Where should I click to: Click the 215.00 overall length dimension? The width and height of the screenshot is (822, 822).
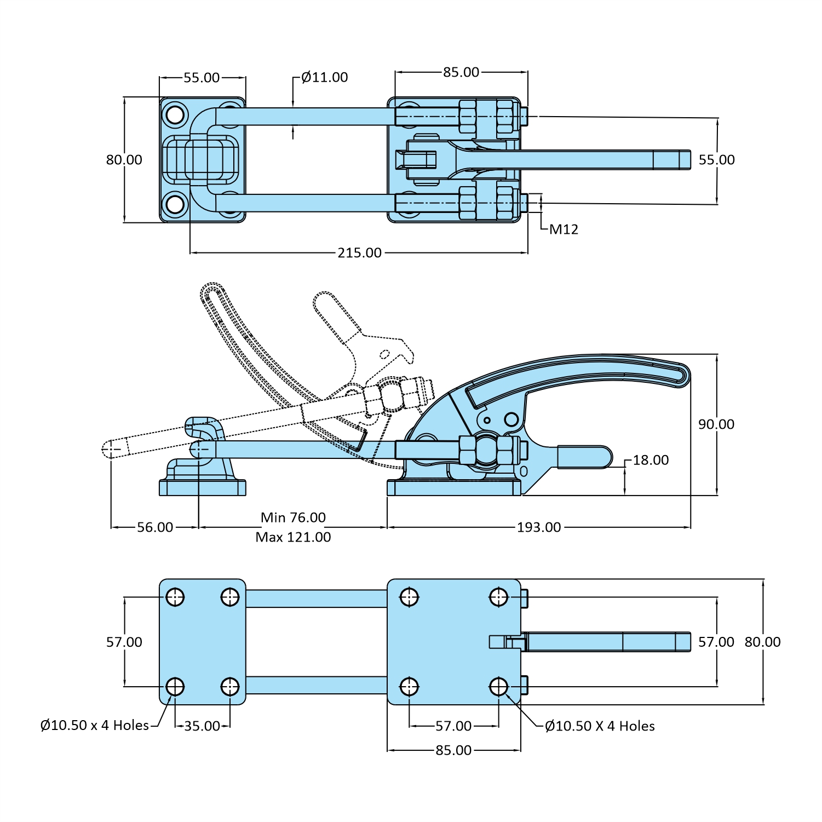tap(359, 252)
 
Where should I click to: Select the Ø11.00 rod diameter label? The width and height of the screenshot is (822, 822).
tap(324, 77)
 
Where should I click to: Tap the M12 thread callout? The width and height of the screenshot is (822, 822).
tap(564, 229)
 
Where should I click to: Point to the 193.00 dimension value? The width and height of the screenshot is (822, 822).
tap(539, 527)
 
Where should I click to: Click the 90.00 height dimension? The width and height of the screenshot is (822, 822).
tap(716, 424)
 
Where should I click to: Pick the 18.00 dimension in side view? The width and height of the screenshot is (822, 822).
tap(651, 460)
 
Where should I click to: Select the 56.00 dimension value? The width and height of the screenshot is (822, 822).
tap(155, 527)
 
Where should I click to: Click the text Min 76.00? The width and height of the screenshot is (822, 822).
tap(293, 518)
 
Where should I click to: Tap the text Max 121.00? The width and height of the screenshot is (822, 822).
tap(293, 537)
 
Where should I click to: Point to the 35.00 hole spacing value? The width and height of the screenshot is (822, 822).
tap(202, 726)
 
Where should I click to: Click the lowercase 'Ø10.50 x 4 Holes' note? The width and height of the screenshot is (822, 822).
tap(95, 725)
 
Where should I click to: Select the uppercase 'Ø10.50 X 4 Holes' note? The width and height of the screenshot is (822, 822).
tap(600, 726)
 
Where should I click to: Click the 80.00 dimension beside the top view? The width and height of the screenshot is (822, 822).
tap(124, 159)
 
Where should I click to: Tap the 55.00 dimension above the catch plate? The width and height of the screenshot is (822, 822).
tap(202, 77)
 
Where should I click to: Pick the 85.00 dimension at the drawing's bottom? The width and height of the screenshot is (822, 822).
tap(453, 750)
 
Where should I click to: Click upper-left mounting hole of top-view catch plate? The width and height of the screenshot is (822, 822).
tap(175, 115)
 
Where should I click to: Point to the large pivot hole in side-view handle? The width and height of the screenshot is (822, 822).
tap(511, 419)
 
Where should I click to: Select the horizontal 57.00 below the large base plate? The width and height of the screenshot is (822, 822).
tap(453, 726)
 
